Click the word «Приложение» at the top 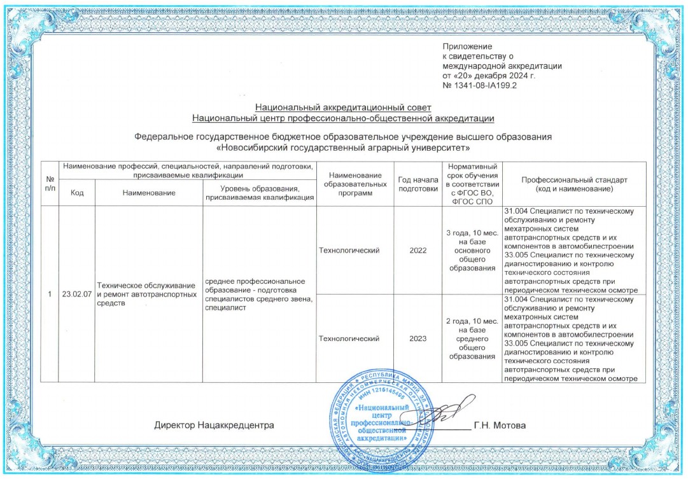click(x=468, y=46)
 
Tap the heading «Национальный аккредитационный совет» click(x=343, y=108)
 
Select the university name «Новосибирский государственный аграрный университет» click(x=343, y=148)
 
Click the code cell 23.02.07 click(x=76, y=295)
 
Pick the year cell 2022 click(x=418, y=251)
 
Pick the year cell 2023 click(x=418, y=338)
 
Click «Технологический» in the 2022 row click(x=349, y=251)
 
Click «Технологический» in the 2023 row click(x=349, y=338)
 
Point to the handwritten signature click(x=446, y=413)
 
